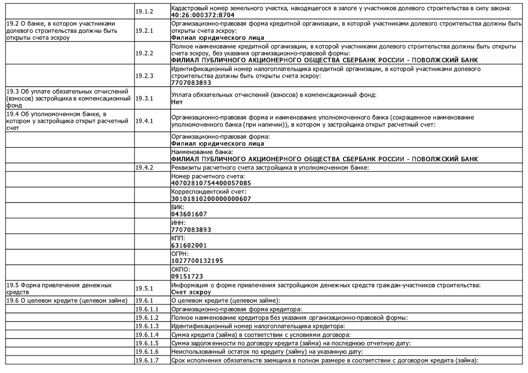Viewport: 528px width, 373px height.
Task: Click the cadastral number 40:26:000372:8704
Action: point(203,15)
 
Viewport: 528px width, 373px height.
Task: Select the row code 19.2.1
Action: point(144,31)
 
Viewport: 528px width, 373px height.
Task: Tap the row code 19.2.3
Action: point(144,76)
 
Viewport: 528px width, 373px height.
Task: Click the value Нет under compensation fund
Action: point(177,102)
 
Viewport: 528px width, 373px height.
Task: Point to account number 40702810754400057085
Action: point(211,183)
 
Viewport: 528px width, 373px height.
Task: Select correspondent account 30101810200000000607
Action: point(211,199)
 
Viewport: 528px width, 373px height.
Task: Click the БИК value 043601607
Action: point(189,214)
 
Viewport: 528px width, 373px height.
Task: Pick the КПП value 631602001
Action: point(189,245)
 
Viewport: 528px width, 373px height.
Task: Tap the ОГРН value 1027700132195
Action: point(197,261)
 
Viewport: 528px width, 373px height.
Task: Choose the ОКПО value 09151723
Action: point(187,277)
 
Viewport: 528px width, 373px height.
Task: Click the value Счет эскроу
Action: point(191,292)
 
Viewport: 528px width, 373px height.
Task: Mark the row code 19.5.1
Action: point(144,289)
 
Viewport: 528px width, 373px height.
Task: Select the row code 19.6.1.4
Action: point(147,335)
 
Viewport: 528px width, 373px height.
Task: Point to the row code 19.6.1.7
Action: point(147,360)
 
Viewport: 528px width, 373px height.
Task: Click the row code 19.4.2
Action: point(144,167)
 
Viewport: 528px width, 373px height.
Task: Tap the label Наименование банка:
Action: point(202,152)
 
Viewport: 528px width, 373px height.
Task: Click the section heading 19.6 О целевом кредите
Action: point(67,301)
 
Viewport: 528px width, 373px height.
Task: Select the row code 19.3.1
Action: point(144,98)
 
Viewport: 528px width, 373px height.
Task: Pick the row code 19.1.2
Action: point(144,12)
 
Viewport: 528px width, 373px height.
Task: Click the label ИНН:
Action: point(178,223)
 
